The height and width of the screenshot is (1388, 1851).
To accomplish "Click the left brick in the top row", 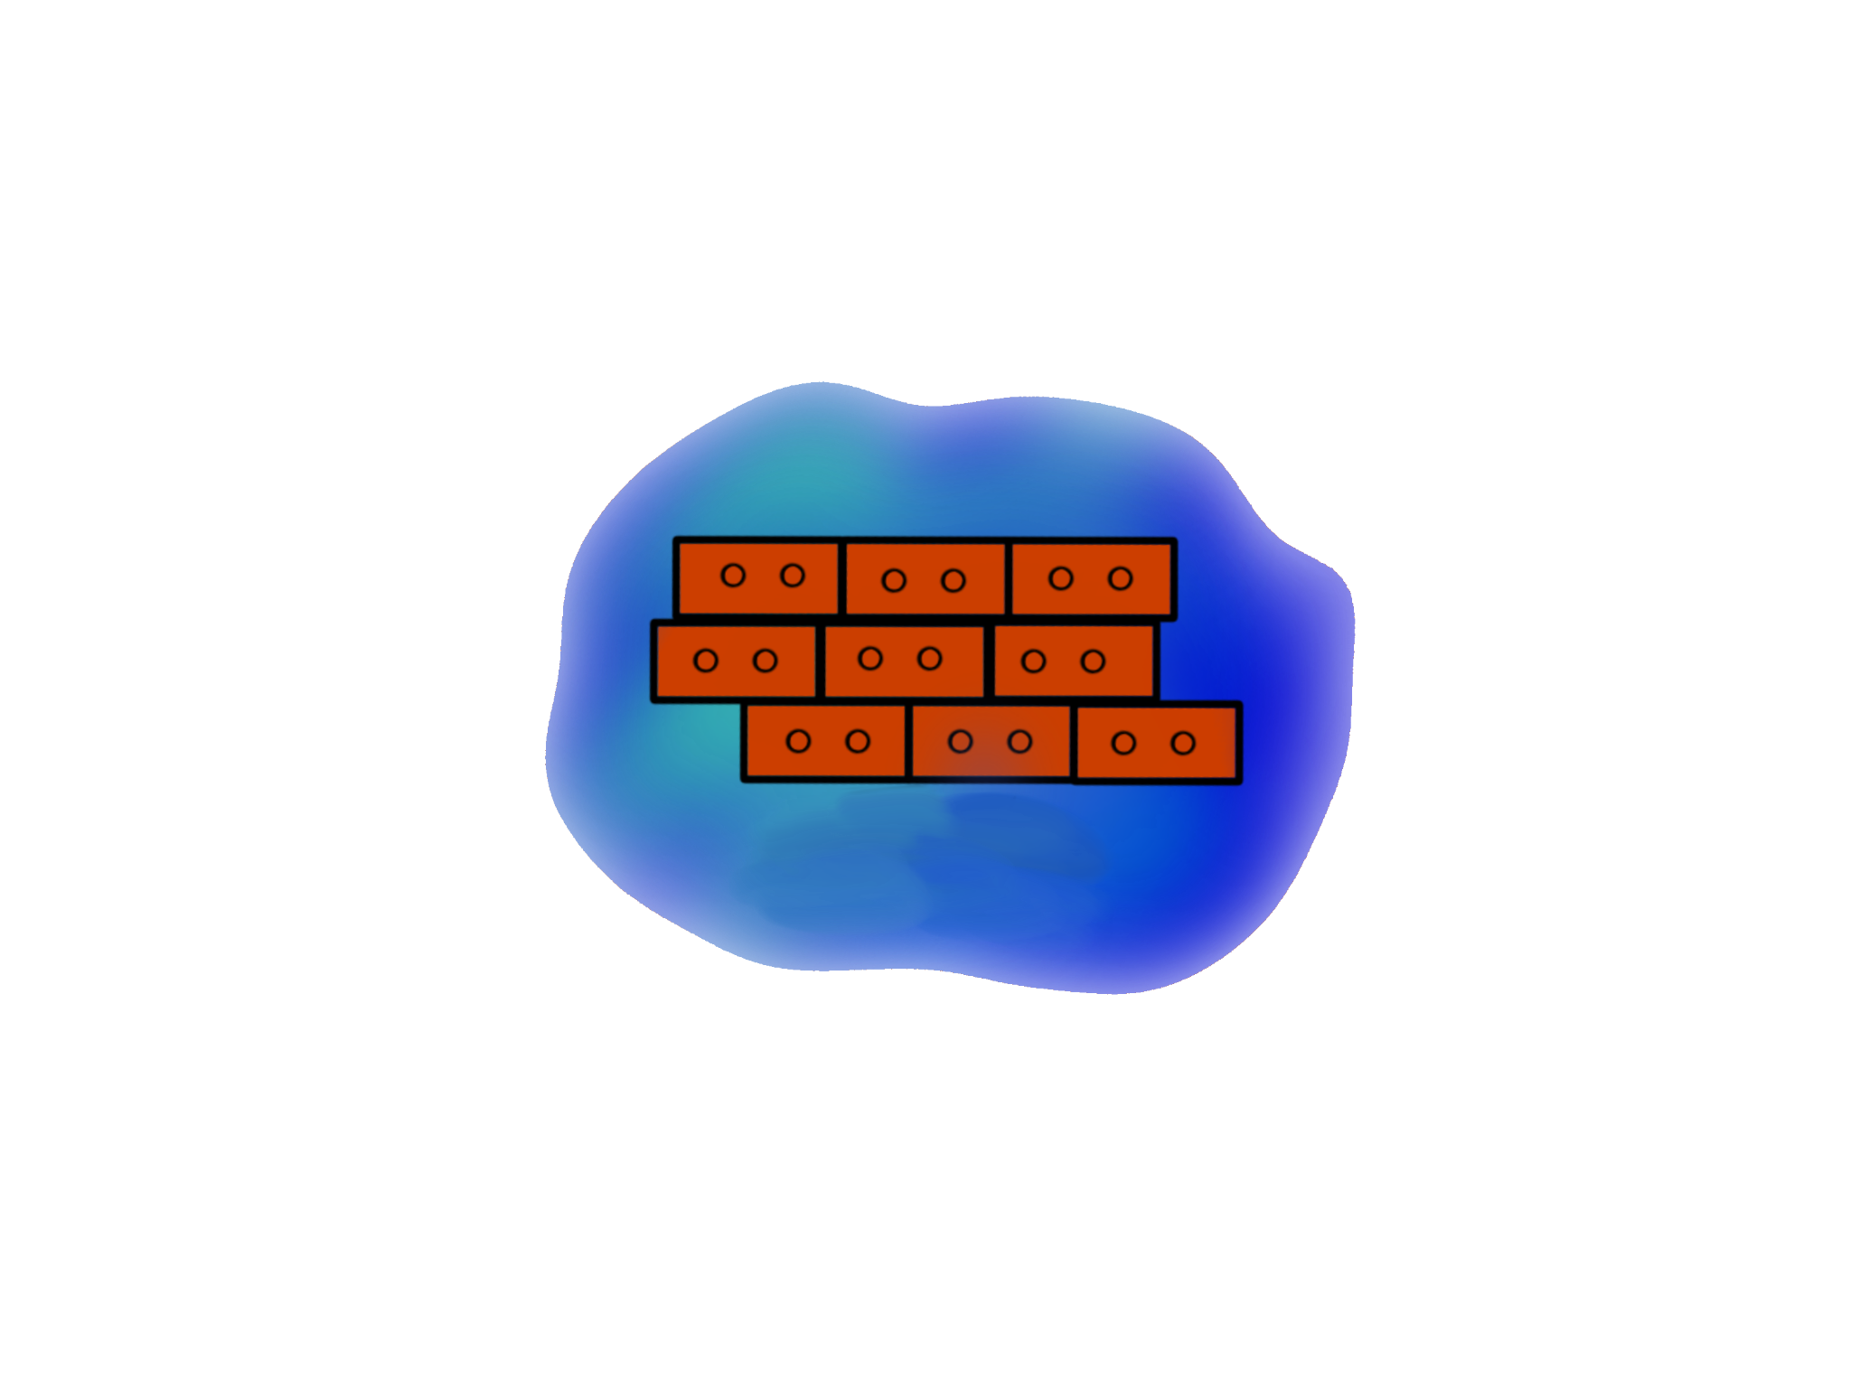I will tap(757, 577).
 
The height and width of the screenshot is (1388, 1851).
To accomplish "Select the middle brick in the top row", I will tap(925, 579).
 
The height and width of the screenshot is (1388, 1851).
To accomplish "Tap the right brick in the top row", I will tap(1092, 579).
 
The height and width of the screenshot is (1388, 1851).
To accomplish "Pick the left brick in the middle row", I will tap(734, 661).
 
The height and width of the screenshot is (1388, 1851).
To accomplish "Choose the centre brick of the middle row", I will tap(903, 661).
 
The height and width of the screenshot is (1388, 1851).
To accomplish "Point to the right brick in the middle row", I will tap(1073, 661).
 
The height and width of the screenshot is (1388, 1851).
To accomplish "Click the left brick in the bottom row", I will tap(824, 742).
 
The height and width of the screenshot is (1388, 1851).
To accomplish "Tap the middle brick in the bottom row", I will tap(990, 742).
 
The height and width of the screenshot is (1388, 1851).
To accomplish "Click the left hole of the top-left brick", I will tap(733, 575).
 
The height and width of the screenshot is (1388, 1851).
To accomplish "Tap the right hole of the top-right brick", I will tap(1121, 578).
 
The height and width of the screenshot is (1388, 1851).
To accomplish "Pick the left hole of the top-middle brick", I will tap(894, 580).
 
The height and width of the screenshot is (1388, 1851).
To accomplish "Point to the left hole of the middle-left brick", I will tap(706, 661).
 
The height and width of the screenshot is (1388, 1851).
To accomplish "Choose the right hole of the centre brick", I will tap(930, 659).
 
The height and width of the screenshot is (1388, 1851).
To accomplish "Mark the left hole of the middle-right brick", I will tap(1033, 661).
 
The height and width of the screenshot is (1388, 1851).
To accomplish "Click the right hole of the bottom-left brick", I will tap(858, 742).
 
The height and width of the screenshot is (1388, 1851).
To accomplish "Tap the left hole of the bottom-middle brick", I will tap(961, 742).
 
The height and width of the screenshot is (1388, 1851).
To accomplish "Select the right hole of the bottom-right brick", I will tap(1183, 743).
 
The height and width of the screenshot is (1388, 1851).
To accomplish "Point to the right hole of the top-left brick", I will tap(793, 575).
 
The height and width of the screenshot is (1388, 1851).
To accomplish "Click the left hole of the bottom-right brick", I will tap(1123, 743).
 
